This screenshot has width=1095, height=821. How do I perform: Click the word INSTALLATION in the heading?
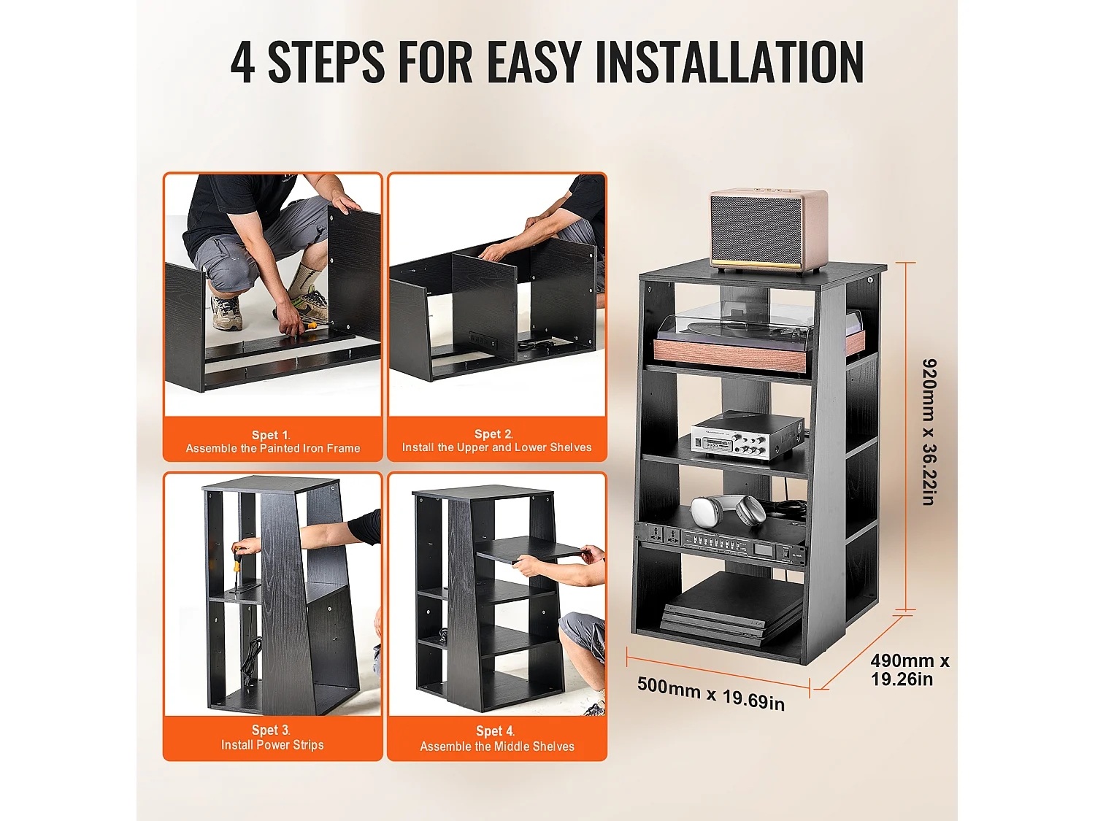729,62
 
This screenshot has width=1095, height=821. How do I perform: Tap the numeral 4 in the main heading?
243,62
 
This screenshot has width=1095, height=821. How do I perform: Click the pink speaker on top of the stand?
769,231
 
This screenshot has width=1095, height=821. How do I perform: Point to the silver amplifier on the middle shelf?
746,436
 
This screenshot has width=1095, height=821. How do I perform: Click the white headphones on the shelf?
728,510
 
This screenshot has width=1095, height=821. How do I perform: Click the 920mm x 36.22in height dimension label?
929,432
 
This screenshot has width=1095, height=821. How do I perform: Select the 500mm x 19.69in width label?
711,693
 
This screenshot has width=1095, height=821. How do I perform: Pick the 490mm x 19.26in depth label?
910,670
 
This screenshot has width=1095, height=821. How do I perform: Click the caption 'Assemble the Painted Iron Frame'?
273,448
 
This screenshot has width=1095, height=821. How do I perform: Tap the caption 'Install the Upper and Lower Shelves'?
497,447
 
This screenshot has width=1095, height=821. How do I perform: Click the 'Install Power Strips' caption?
272,744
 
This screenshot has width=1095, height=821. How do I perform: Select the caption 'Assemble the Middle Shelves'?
497,747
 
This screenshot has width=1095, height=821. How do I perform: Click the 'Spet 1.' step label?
271,435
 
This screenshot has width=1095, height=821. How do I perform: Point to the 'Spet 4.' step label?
495,731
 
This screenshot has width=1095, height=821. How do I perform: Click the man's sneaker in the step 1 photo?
227,312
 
